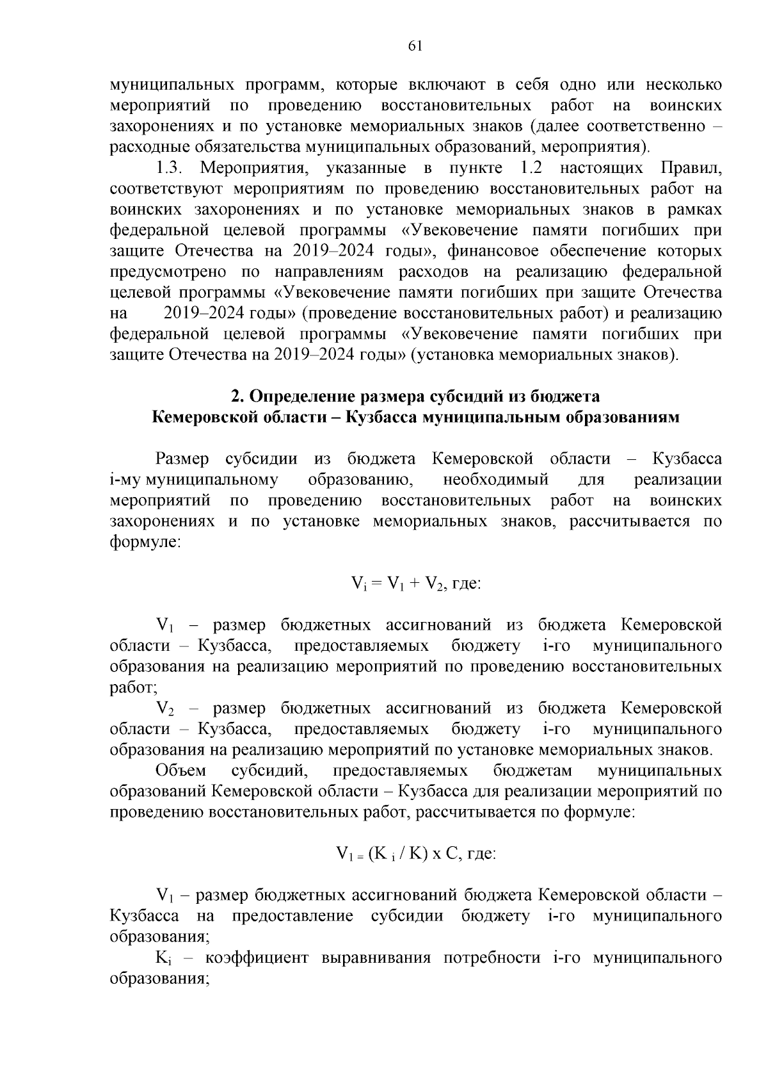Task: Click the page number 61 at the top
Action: pyautogui.click(x=415, y=45)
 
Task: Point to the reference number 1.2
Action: pyautogui.click(x=527, y=168)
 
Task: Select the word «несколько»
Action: pyautogui.click(x=684, y=85)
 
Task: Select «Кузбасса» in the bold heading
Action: pyautogui.click(x=381, y=418)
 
